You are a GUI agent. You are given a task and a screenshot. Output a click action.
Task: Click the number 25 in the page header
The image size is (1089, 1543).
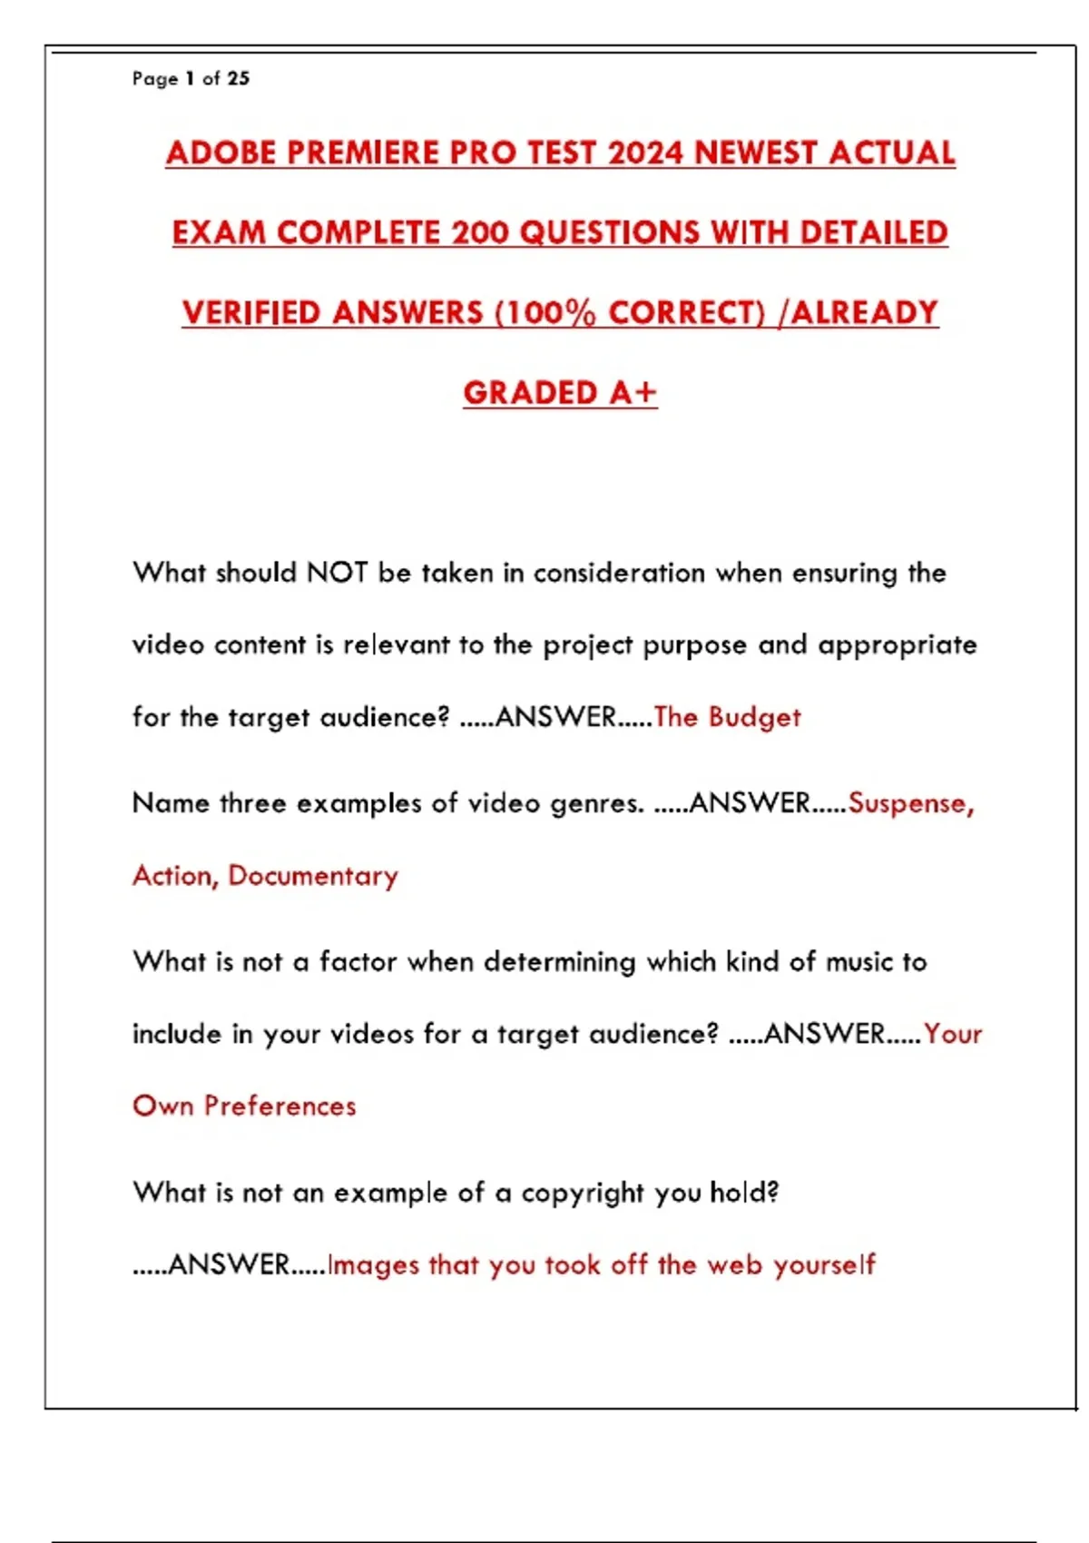pos(239,79)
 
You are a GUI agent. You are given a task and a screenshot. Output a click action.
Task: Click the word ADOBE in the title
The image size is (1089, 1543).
pos(220,152)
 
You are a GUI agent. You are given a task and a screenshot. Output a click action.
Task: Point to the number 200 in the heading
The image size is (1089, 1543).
pos(480,232)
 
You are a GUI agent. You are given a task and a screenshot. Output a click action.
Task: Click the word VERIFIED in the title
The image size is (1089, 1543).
pos(250,313)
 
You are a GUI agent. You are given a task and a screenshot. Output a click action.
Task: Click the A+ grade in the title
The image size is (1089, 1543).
pos(633,393)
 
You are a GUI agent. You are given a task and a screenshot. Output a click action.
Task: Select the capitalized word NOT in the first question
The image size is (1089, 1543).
pos(337,573)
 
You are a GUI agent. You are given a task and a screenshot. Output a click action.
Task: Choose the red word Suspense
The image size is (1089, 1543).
pos(910,803)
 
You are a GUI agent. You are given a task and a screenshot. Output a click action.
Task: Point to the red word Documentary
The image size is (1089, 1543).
pos(313,876)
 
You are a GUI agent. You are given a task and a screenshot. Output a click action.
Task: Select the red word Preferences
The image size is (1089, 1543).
pos(280,1106)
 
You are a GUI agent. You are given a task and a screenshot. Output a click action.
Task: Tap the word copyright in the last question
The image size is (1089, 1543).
pos(583,1193)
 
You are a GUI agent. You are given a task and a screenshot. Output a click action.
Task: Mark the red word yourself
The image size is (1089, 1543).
pos(824,1264)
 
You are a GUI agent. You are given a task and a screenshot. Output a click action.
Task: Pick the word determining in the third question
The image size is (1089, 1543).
pos(559,962)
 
